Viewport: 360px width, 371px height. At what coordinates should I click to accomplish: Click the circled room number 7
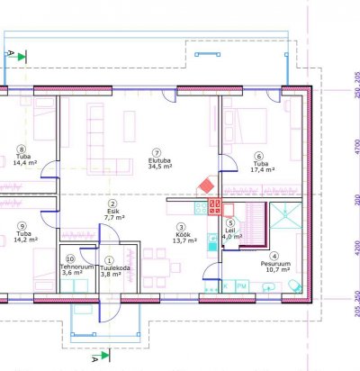(157, 153)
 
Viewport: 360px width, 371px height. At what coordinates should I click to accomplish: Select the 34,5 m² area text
(160, 167)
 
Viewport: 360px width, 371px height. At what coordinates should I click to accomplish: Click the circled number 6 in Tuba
(258, 156)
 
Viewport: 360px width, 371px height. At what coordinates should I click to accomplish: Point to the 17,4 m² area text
(263, 170)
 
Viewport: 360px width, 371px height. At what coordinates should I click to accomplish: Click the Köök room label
(183, 235)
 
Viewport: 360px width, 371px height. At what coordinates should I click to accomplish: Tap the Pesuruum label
(275, 264)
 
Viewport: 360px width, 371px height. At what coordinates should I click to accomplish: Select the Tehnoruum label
(77, 267)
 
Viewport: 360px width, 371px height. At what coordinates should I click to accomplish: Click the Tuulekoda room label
(115, 268)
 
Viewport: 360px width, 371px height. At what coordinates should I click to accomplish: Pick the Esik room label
(113, 212)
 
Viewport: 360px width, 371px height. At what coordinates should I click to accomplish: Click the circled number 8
(22, 149)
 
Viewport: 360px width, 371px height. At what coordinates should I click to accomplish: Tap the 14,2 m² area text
(25, 240)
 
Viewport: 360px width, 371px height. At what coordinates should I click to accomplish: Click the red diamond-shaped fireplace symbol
(207, 186)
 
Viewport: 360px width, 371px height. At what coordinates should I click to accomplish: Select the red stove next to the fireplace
(215, 206)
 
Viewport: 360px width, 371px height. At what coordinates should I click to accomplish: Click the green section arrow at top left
(22, 57)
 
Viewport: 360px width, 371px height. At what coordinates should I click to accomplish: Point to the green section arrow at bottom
(105, 356)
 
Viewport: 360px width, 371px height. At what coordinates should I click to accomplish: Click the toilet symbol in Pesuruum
(295, 285)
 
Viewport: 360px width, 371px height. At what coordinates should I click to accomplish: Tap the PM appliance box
(241, 286)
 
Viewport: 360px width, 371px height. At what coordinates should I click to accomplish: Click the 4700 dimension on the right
(357, 147)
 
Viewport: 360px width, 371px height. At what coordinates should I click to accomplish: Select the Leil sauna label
(230, 231)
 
